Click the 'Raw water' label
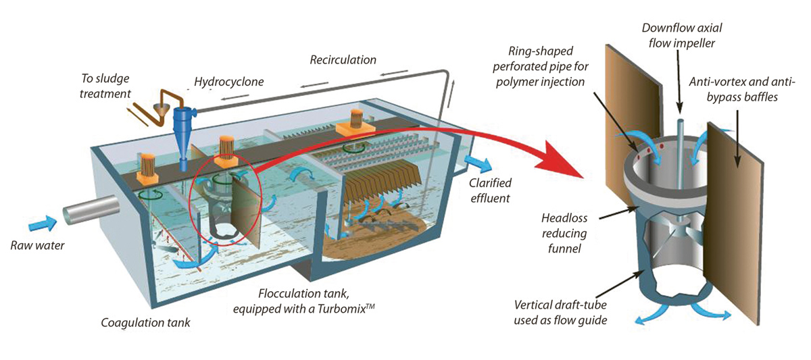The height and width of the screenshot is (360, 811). point(37,245)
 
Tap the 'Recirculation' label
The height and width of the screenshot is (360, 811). point(343,60)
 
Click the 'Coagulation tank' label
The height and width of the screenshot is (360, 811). point(145,323)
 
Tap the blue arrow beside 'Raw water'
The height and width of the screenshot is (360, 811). point(44,222)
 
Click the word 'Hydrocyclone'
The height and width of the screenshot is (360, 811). point(228,82)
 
